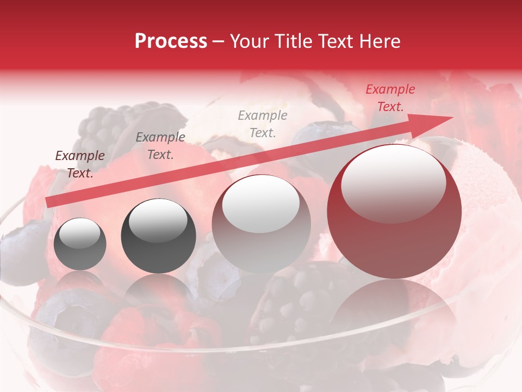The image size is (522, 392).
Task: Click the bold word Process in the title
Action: [171, 41]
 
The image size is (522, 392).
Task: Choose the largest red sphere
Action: [394, 234]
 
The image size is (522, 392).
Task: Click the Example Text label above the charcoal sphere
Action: [160, 146]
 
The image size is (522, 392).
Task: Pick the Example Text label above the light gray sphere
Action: [263, 124]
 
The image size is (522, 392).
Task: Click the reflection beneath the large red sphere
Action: [394, 310]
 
